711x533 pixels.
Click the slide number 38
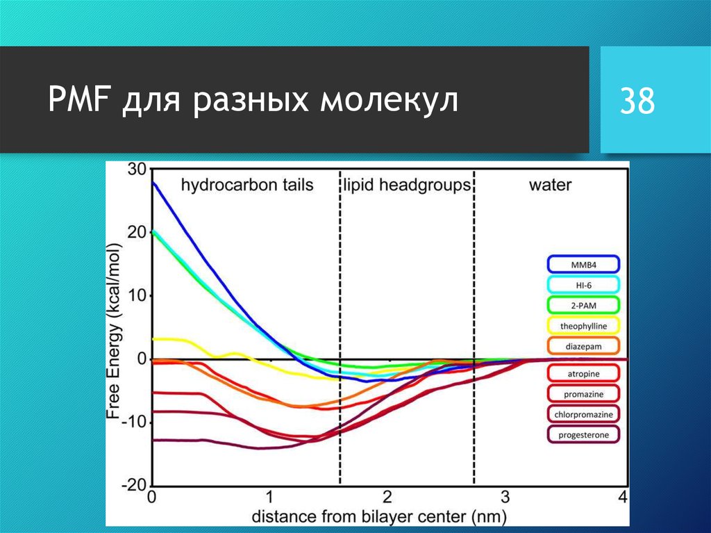tap(637, 101)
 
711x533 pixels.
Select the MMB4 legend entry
tap(583, 265)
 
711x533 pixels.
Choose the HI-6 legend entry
tap(583, 285)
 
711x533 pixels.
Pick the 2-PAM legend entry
tap(583, 305)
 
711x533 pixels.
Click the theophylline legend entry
tap(583, 325)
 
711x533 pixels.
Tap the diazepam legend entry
tap(583, 345)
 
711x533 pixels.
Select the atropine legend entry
tap(583, 374)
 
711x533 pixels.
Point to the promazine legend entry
tap(583, 394)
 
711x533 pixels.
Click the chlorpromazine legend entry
tap(583, 415)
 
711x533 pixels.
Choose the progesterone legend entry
tap(583, 435)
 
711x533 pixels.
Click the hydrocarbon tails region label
tap(247, 185)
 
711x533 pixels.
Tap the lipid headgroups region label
tap(407, 185)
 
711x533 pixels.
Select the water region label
tap(550, 185)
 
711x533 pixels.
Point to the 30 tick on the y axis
tap(137, 170)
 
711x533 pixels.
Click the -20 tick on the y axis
tap(135, 484)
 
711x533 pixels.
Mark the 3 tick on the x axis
tap(505, 497)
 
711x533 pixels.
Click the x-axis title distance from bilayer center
tap(379, 516)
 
